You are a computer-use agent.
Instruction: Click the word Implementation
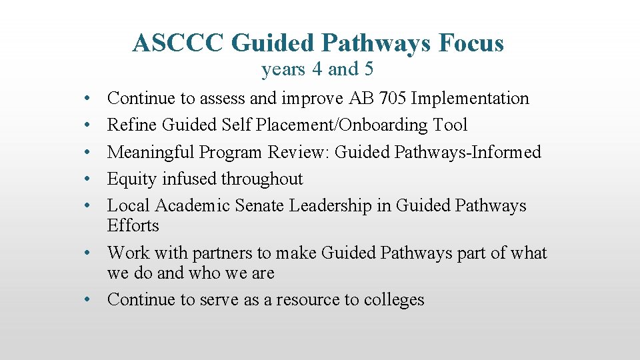(x=470, y=99)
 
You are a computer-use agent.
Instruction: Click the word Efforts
(x=133, y=226)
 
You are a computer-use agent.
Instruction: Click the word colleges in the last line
(x=393, y=300)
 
